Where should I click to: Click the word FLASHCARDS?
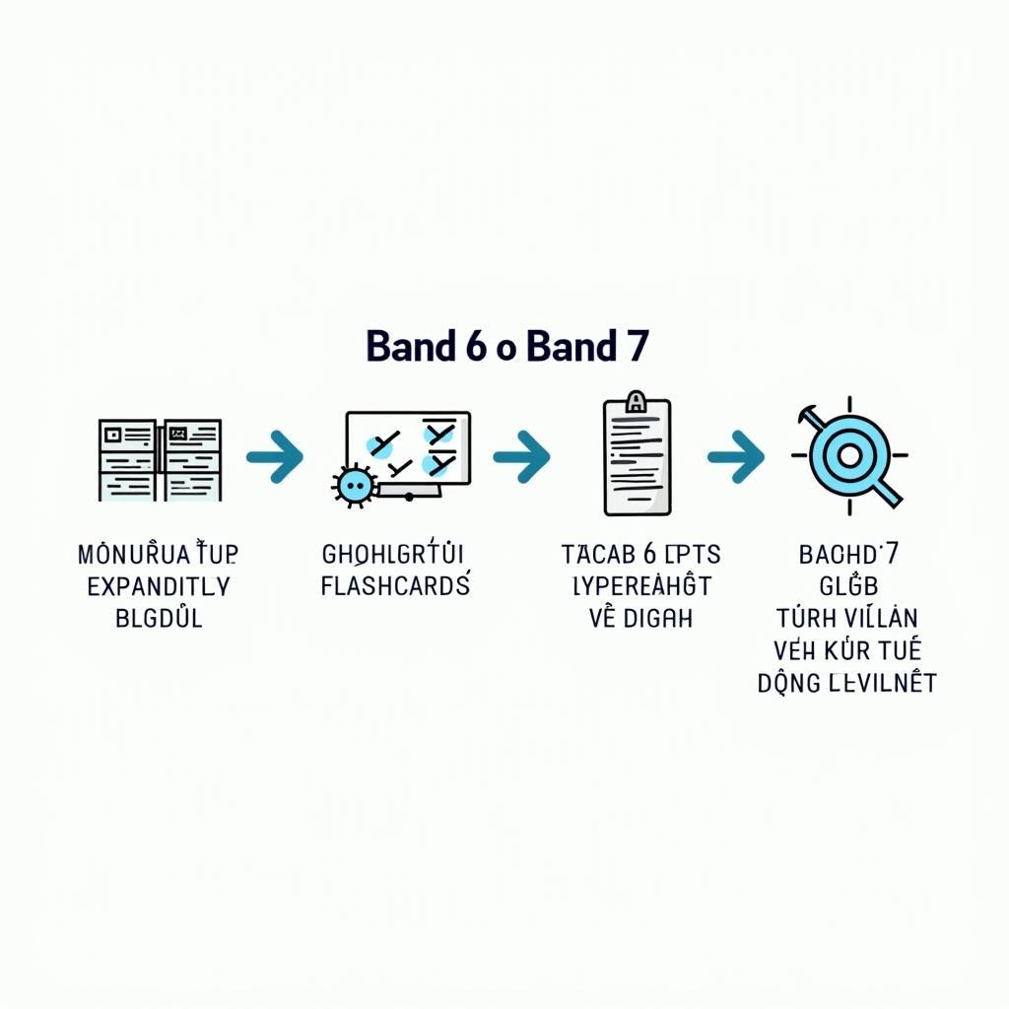[x=395, y=587]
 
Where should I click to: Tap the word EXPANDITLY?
[x=159, y=587]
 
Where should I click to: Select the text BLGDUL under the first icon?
[x=159, y=620]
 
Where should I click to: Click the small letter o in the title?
[x=506, y=350]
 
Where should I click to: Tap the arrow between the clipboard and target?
[x=735, y=456]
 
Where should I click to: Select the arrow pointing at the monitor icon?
[x=275, y=456]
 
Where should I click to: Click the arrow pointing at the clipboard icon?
[x=521, y=456]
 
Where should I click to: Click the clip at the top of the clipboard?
[x=636, y=401]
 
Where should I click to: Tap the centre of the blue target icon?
[x=848, y=456]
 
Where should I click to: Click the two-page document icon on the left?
[x=160, y=458]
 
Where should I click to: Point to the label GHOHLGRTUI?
[x=394, y=555]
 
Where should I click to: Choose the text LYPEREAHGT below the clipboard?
[x=641, y=587]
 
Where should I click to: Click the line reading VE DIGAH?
[x=641, y=620]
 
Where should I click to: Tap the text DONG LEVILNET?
[x=847, y=682]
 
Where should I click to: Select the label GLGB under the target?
[x=848, y=587]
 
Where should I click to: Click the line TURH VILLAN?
[x=847, y=620]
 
